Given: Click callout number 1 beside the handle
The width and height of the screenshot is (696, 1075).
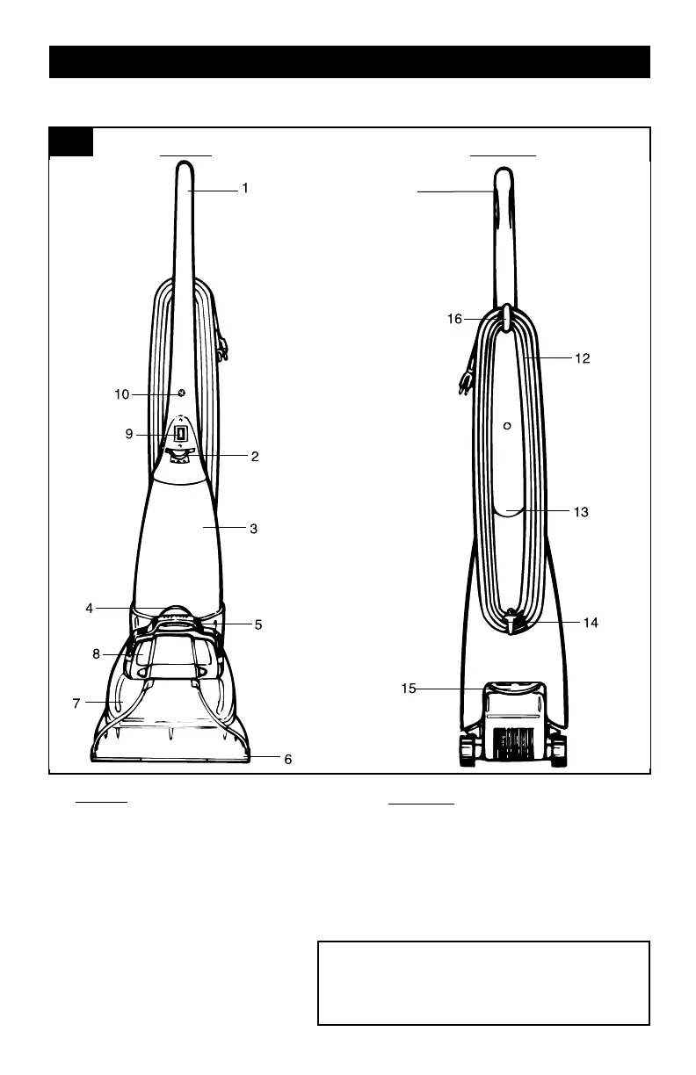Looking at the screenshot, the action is (245, 188).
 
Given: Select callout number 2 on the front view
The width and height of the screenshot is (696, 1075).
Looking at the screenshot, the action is (254, 457).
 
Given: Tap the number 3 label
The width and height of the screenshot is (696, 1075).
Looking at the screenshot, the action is (253, 529).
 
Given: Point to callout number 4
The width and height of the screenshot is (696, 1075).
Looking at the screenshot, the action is (90, 608).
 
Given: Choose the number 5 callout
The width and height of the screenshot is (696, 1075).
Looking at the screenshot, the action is (258, 625).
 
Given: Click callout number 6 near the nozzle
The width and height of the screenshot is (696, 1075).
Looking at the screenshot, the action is (287, 760).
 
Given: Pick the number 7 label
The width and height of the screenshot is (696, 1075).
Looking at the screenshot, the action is (76, 703).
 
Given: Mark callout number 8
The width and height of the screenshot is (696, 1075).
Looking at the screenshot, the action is (96, 653).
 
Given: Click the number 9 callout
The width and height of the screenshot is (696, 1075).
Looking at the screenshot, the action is (128, 433).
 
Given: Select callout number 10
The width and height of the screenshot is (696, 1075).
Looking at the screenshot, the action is (121, 395).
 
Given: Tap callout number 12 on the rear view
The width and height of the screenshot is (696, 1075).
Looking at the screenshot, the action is (582, 358).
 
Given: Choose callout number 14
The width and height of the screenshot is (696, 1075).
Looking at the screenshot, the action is (591, 622).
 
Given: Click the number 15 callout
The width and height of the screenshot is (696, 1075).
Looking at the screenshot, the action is (409, 689).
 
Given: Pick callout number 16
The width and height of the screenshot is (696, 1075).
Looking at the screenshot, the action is (454, 320).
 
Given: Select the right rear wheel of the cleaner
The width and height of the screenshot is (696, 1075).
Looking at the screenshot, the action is (558, 751).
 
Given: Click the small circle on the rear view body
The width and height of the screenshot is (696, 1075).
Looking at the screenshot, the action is (507, 426).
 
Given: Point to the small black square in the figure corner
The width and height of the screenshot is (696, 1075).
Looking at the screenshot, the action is (70, 141).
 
